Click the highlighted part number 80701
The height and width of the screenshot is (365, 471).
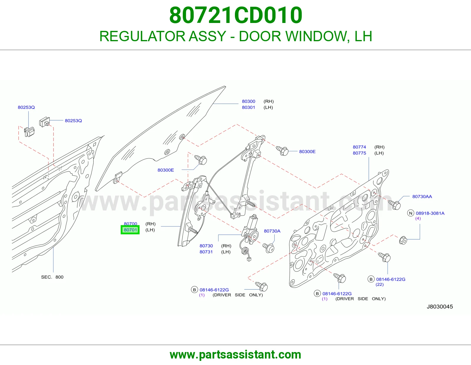point(130,230)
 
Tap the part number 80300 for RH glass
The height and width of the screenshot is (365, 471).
point(248,101)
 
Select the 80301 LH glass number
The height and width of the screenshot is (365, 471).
point(248,107)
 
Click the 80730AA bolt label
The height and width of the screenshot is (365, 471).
point(422,197)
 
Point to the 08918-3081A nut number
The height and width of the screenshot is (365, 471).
point(430,213)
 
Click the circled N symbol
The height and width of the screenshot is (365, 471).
point(411,213)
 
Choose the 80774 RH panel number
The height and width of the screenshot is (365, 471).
point(359,147)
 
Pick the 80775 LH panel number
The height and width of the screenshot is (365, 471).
point(359,153)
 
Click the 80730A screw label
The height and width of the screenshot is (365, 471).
point(272,231)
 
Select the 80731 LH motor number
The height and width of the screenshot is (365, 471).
point(206,252)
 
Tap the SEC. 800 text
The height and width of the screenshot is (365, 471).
point(52,277)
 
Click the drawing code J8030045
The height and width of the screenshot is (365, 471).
point(440,307)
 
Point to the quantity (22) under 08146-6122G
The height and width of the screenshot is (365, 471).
point(379,284)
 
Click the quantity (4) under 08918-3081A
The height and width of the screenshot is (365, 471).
point(418,218)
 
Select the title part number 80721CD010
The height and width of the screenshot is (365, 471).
point(235,15)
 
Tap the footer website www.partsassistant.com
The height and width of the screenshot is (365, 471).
point(235,355)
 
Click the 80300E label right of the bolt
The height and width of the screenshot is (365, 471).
point(307,152)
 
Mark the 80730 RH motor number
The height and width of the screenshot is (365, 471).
point(206,246)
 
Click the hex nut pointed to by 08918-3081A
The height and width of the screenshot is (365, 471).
point(403,240)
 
